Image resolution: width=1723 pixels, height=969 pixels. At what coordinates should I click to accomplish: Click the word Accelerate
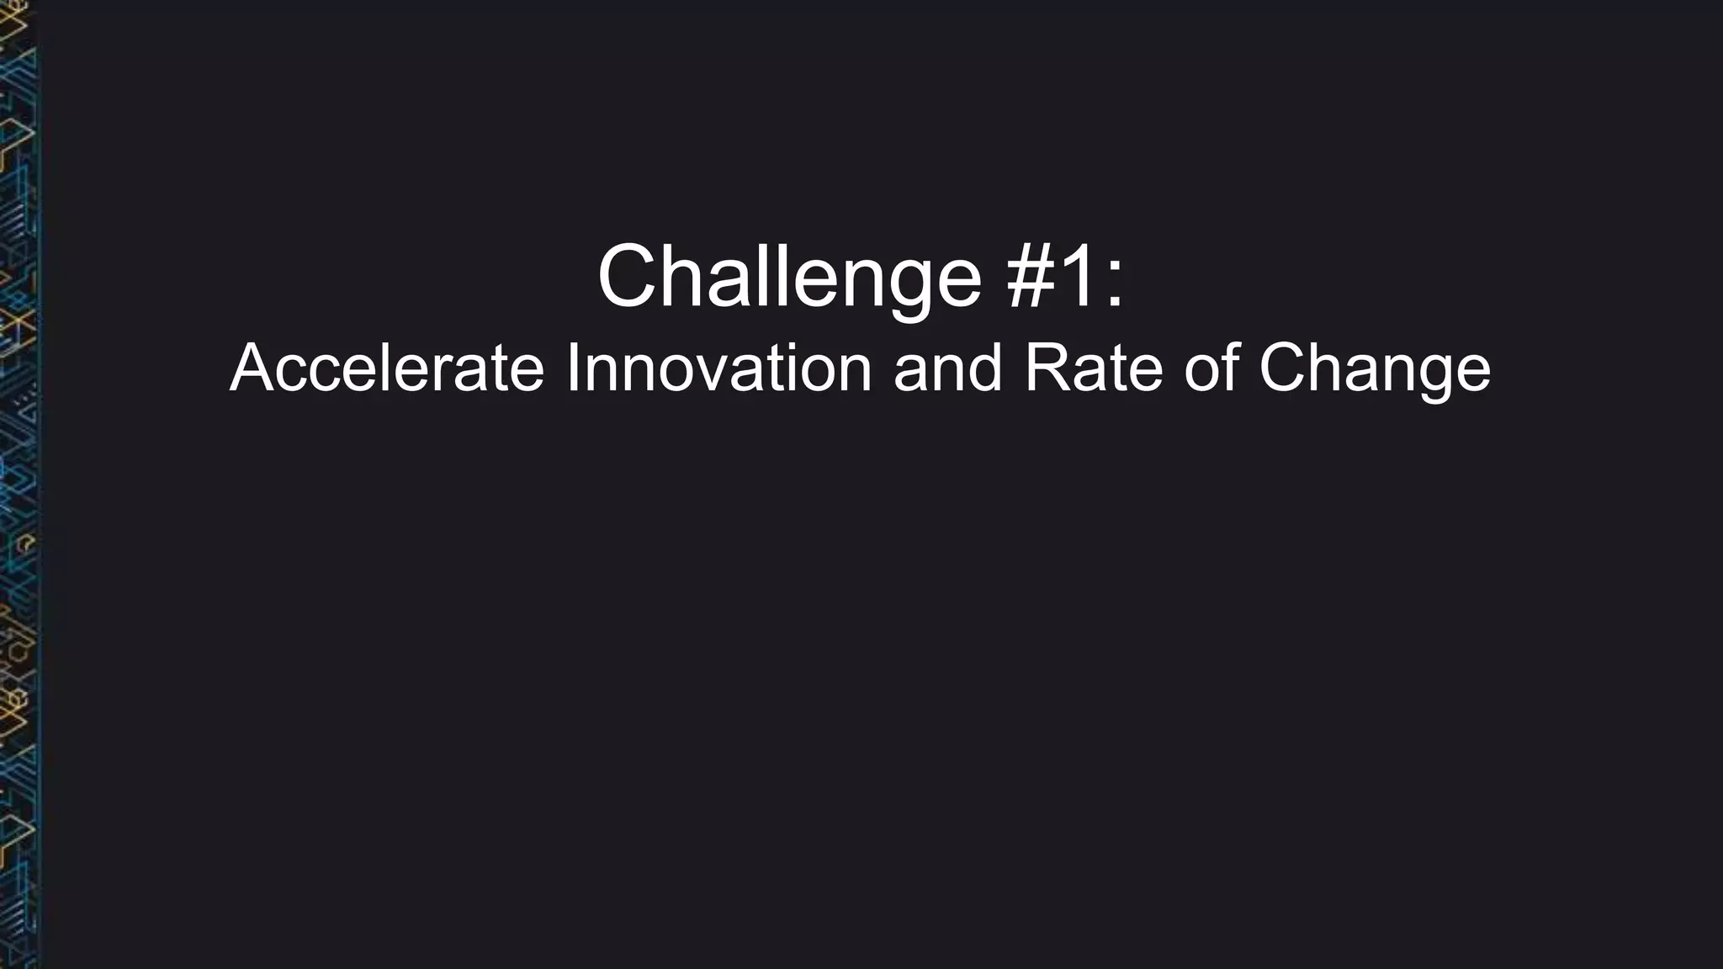click(387, 368)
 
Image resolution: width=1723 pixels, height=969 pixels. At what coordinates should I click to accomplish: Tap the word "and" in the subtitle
click(948, 368)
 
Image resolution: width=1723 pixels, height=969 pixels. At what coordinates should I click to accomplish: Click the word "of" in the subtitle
click(1212, 368)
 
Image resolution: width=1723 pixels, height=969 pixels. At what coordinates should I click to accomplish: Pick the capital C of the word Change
click(1284, 368)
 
